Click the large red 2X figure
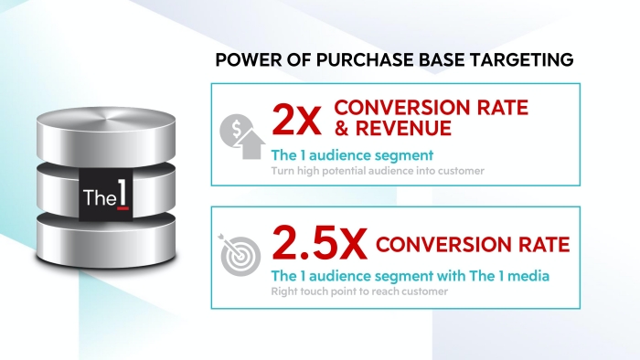point(297,120)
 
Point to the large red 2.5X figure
point(320,243)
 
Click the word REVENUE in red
point(403,128)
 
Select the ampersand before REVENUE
point(343,128)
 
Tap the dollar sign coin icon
point(235,130)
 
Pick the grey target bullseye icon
point(240,255)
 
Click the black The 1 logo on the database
point(106,195)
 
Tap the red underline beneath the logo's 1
point(123,208)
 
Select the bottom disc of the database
point(106,241)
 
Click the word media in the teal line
point(528,276)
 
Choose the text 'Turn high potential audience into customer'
point(378,171)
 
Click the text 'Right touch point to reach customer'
point(359,291)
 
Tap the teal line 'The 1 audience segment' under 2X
point(352,155)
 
